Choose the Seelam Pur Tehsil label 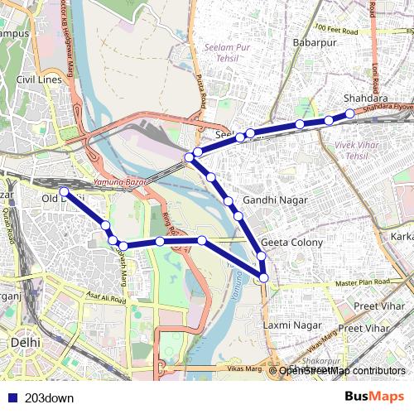[x=224, y=53]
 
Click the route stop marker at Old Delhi [x=64, y=193]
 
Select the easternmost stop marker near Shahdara [x=349, y=113]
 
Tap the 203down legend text [x=50, y=397]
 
